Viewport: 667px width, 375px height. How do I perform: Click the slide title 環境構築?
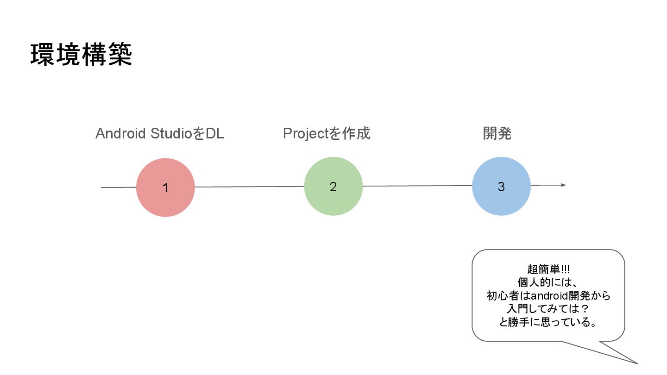pyautogui.click(x=82, y=55)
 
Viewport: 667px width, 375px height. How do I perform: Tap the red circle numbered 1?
pyautogui.click(x=165, y=187)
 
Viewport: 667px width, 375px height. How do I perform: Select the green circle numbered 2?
pyautogui.click(x=333, y=186)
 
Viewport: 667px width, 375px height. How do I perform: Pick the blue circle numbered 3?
pyautogui.click(x=501, y=186)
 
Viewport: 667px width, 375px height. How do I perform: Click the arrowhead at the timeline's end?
pyautogui.click(x=563, y=185)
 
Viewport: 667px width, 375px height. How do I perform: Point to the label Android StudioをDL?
pyautogui.click(x=159, y=134)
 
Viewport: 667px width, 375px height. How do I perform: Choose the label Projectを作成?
pyautogui.click(x=327, y=134)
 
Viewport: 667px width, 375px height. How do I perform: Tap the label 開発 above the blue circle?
pyautogui.click(x=497, y=134)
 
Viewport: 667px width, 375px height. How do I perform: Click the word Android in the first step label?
pyautogui.click(x=121, y=134)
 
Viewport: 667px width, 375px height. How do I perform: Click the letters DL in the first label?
pyautogui.click(x=214, y=134)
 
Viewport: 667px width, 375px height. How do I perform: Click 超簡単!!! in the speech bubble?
pyautogui.click(x=548, y=269)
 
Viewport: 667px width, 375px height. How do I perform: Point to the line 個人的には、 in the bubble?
pyautogui.click(x=548, y=282)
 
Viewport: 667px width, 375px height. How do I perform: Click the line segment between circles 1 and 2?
pyautogui.click(x=249, y=187)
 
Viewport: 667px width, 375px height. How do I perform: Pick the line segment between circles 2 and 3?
pyautogui.click(x=417, y=186)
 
